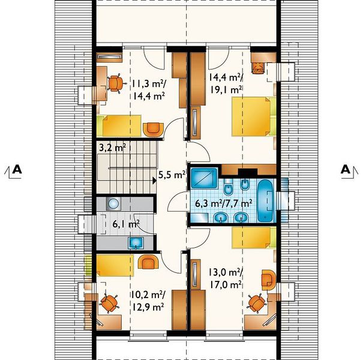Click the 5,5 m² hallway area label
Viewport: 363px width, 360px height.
click(172, 175)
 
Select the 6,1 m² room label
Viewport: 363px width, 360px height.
click(126, 224)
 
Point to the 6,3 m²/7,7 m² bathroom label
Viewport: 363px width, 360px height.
click(223, 203)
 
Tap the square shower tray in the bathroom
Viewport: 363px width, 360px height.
click(204, 178)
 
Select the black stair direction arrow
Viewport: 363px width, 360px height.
click(154, 181)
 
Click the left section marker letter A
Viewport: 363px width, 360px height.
click(17, 169)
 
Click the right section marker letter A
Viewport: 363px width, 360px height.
click(346, 170)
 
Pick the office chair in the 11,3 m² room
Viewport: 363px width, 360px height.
click(116, 83)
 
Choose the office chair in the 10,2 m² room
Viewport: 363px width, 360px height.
click(109, 303)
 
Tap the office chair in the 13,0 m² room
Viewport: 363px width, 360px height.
click(256, 303)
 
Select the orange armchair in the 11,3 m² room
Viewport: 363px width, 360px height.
click(153, 130)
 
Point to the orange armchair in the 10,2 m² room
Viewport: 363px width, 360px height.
click(148, 262)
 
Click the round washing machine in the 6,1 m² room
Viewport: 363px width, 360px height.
click(113, 203)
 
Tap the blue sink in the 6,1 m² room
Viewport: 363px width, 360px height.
click(136, 243)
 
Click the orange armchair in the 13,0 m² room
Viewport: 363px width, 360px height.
click(269, 280)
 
